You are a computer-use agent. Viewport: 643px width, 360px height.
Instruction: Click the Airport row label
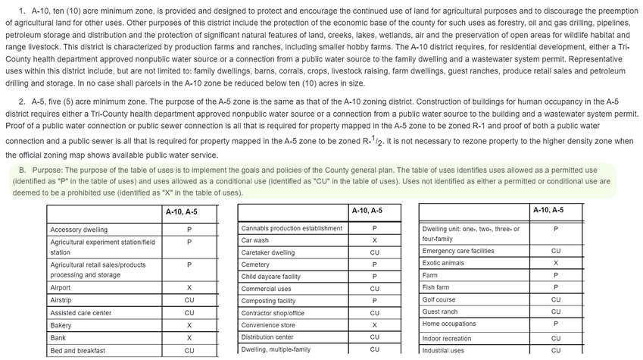[x=61, y=288]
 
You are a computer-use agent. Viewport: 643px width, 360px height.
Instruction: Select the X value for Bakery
[x=189, y=324]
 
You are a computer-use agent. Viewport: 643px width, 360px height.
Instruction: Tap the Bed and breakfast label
[x=77, y=351]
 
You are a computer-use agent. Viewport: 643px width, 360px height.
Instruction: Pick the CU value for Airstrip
[x=189, y=300]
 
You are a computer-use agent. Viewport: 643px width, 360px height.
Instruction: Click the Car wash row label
[x=256, y=240]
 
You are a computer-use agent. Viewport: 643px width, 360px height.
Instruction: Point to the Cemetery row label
[x=255, y=265]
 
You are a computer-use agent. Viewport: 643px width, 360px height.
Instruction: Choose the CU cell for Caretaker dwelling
[x=374, y=252]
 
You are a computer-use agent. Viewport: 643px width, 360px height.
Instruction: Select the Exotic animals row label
[x=443, y=263]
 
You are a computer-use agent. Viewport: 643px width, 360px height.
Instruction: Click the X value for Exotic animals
[x=556, y=263]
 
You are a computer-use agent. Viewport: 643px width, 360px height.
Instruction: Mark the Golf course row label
[x=439, y=299]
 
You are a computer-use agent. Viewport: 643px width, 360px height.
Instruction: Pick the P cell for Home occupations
[x=556, y=324]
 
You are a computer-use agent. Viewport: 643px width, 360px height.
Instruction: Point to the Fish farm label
[x=437, y=287]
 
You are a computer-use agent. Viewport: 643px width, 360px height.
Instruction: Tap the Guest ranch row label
[x=439, y=311]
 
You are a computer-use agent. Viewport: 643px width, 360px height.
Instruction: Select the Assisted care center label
[x=80, y=312]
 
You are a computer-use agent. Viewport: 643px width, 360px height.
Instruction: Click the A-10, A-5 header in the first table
[x=182, y=212]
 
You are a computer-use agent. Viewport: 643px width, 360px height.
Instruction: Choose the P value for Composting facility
[x=374, y=301]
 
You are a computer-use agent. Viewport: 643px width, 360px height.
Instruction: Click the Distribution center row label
[x=267, y=337]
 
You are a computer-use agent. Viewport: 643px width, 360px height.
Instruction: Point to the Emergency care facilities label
[x=457, y=251]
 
